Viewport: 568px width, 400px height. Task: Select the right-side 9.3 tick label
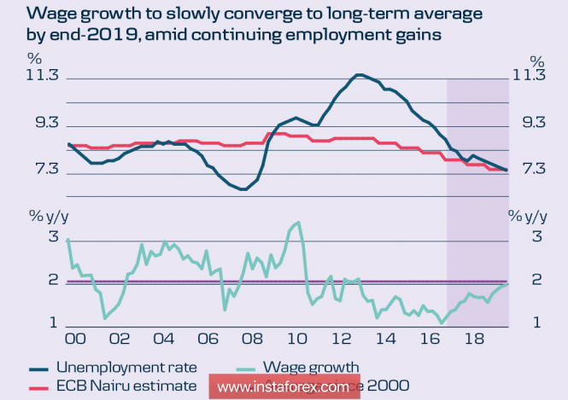528,124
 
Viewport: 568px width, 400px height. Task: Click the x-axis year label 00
76,339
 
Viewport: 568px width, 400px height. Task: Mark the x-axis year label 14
384,339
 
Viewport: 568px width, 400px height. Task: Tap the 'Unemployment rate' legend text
126,368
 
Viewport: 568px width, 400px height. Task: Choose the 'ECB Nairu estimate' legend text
126,386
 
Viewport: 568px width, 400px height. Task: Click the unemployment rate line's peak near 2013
359,75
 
